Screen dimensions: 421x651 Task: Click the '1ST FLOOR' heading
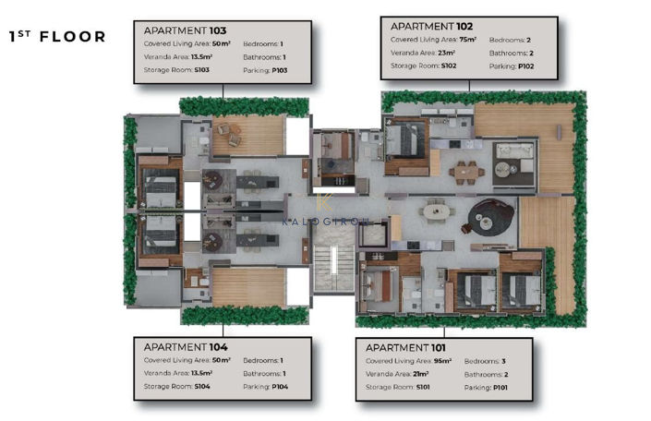[56, 37]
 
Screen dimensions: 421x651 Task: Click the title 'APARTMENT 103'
[185, 30]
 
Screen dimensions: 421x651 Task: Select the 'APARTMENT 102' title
[431, 27]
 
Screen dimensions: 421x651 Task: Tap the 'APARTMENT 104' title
[185, 346]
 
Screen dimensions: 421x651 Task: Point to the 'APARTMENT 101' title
[406, 347]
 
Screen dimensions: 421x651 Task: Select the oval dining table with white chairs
[435, 211]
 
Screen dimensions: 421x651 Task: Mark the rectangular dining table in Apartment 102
[464, 170]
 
